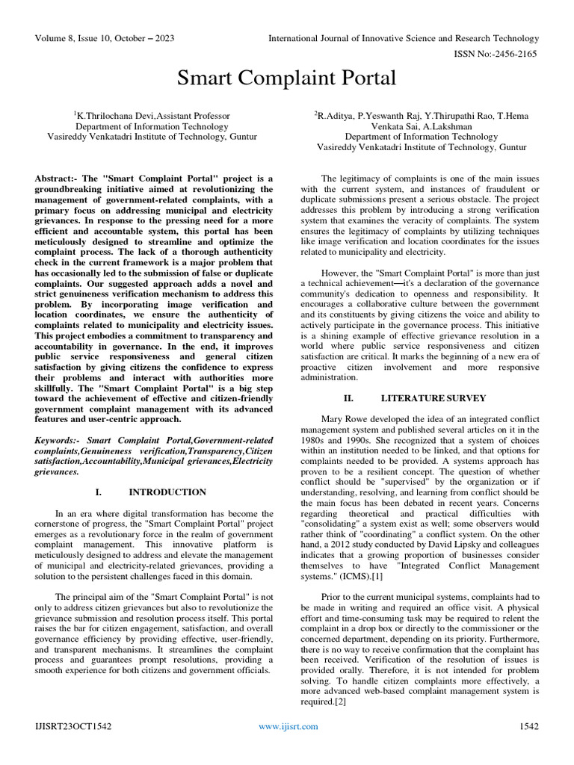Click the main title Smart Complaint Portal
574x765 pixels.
pos(286,78)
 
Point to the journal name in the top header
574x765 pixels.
pos(404,38)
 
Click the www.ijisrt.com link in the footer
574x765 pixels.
pos(288,726)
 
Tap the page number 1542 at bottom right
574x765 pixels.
pos(528,726)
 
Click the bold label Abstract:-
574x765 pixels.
pos(57,178)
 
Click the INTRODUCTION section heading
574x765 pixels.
pos(167,492)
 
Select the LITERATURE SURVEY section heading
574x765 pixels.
pos(433,398)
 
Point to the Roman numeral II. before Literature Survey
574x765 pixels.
pos(348,398)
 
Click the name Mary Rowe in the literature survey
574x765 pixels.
pos(345,419)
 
